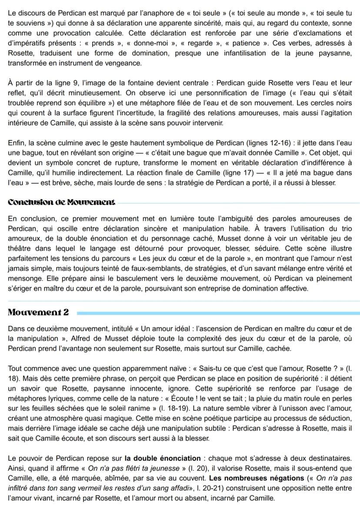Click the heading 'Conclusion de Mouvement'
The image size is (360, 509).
pyautogui.click(x=62, y=202)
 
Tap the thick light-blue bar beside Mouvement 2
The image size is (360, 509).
pyautogui.click(x=217, y=313)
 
